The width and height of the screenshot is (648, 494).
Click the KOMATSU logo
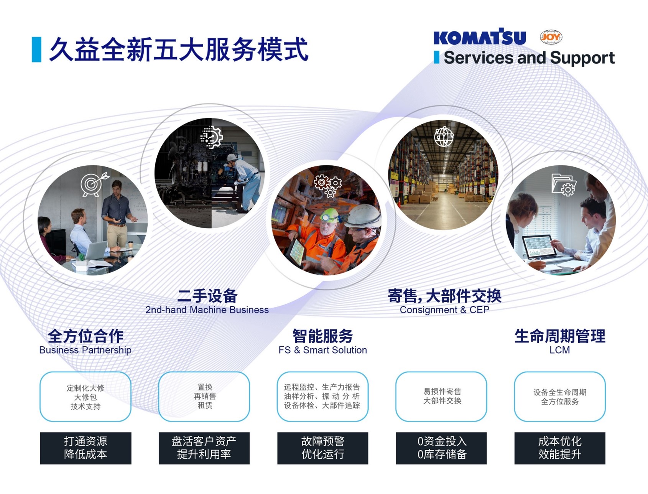pyautogui.click(x=480, y=37)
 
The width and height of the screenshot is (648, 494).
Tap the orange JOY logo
pyautogui.click(x=551, y=37)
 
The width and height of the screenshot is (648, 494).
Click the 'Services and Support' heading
pyautogui.click(x=529, y=58)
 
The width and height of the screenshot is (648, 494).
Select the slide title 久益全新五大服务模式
pyautogui.click(x=179, y=49)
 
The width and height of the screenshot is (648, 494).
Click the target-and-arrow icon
pyautogui.click(x=94, y=184)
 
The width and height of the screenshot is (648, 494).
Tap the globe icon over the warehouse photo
pyautogui.click(x=444, y=136)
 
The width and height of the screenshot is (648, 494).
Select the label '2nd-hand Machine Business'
pyautogui.click(x=207, y=310)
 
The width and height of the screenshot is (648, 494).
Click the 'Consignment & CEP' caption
pyautogui.click(x=444, y=310)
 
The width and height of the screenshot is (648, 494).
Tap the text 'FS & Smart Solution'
pyautogui.click(x=323, y=350)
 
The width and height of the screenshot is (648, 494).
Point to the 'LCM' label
pyautogui.click(x=559, y=350)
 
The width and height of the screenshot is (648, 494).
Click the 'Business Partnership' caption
pyautogui.click(x=85, y=350)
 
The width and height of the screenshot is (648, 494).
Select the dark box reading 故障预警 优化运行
pyautogui.click(x=323, y=448)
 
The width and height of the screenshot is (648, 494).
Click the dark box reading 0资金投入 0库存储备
pyautogui.click(x=441, y=448)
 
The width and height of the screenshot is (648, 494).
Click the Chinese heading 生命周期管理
pyautogui.click(x=560, y=336)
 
